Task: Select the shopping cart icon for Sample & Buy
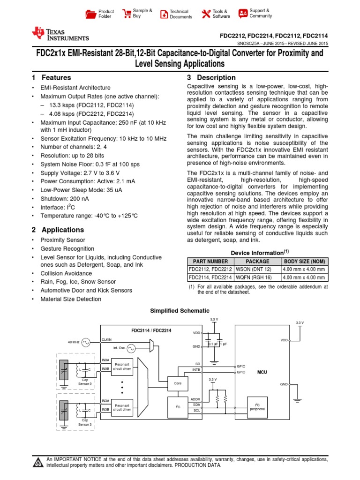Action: tap(127, 14)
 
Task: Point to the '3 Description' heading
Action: tap(211, 78)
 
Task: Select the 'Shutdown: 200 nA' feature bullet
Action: tap(65, 198)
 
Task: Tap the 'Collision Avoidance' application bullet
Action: tap(66, 273)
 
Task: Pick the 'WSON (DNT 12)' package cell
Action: tap(257, 270)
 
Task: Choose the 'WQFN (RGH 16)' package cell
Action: tap(257, 277)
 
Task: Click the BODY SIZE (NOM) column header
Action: tap(305, 262)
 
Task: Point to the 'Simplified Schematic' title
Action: tap(180, 311)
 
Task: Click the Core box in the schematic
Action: tap(177, 383)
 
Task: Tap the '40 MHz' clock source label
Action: tap(74, 343)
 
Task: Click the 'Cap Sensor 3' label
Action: tap(85, 422)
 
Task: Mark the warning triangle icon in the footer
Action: tap(37, 463)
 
